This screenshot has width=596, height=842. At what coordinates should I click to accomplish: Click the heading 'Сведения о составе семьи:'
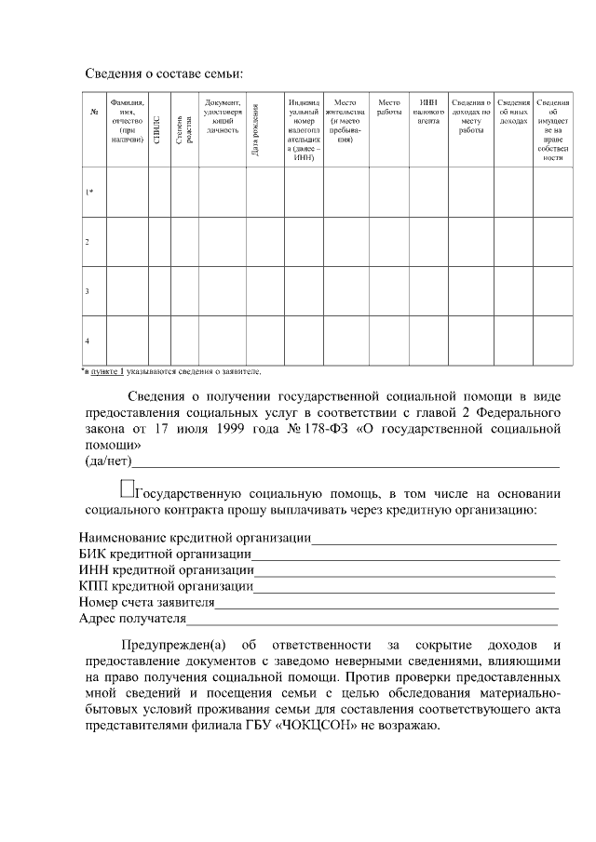tap(164, 74)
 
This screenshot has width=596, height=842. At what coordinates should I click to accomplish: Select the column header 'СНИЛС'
tap(157, 129)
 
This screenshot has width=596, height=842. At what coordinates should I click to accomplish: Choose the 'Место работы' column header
tap(388, 106)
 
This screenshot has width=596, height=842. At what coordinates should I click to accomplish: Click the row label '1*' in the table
tap(89, 193)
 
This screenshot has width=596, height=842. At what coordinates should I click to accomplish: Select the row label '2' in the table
tap(88, 242)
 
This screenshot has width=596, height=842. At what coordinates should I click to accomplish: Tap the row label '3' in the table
tap(88, 291)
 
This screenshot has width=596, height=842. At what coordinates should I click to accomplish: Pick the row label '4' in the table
tap(88, 341)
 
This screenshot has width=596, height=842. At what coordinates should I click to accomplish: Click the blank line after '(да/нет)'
tap(345, 461)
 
